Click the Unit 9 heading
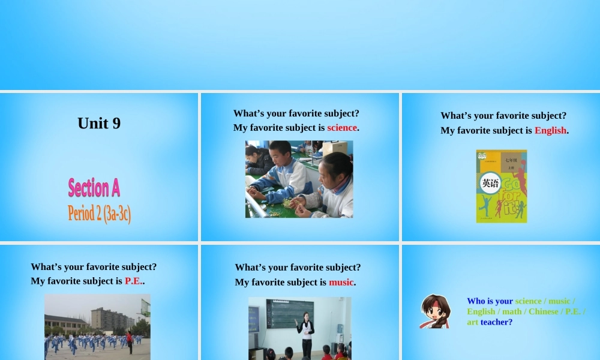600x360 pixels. [99, 123]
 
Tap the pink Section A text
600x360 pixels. [94, 188]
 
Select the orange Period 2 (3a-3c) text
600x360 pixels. [100, 213]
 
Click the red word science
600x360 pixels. [342, 128]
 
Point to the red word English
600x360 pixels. [550, 130]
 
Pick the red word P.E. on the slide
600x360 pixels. [133, 281]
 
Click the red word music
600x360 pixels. [341, 282]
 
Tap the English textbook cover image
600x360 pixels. [502, 186]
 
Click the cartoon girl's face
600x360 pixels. [436, 311]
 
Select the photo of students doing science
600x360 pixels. [299, 179]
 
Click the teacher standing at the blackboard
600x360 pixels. [307, 332]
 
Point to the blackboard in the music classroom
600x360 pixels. [290, 313]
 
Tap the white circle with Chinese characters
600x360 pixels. [490, 184]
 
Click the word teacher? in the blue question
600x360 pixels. [496, 322]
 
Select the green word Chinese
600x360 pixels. [543, 311]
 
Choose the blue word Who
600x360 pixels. [476, 301]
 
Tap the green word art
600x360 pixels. [473, 322]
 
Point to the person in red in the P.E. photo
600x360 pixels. [130, 342]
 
